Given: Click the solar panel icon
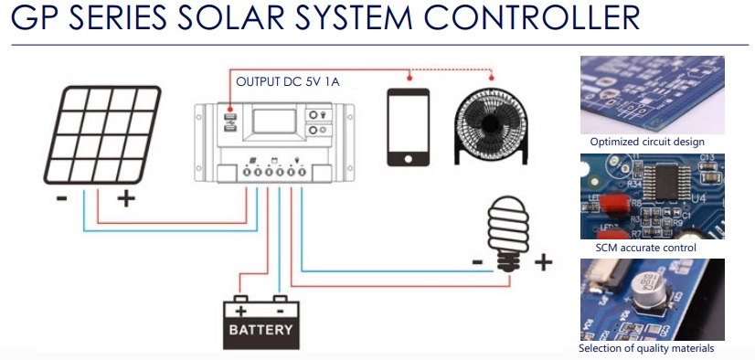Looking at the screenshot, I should (106, 132).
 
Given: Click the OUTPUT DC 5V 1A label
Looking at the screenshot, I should (288, 82).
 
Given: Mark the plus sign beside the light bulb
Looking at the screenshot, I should (543, 263).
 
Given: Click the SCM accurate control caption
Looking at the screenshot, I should (645, 248).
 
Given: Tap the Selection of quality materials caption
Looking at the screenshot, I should (645, 349).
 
